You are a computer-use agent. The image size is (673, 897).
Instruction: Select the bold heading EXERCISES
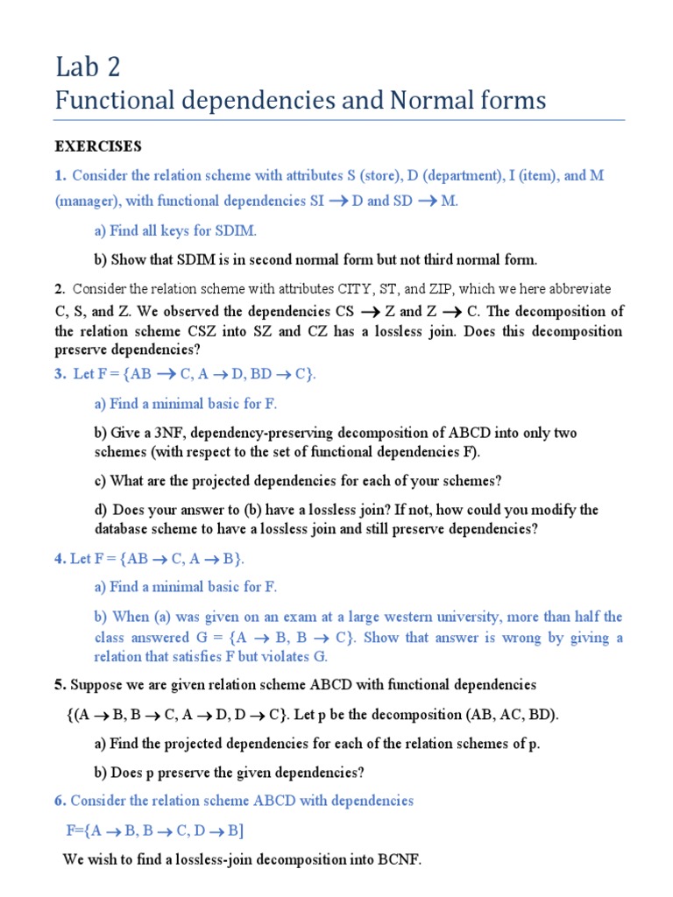click(98, 145)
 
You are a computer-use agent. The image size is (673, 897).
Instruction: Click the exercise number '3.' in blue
click(60, 374)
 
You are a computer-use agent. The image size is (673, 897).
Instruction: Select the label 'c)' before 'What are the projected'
click(100, 481)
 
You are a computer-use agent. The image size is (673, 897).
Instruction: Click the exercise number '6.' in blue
click(60, 801)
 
